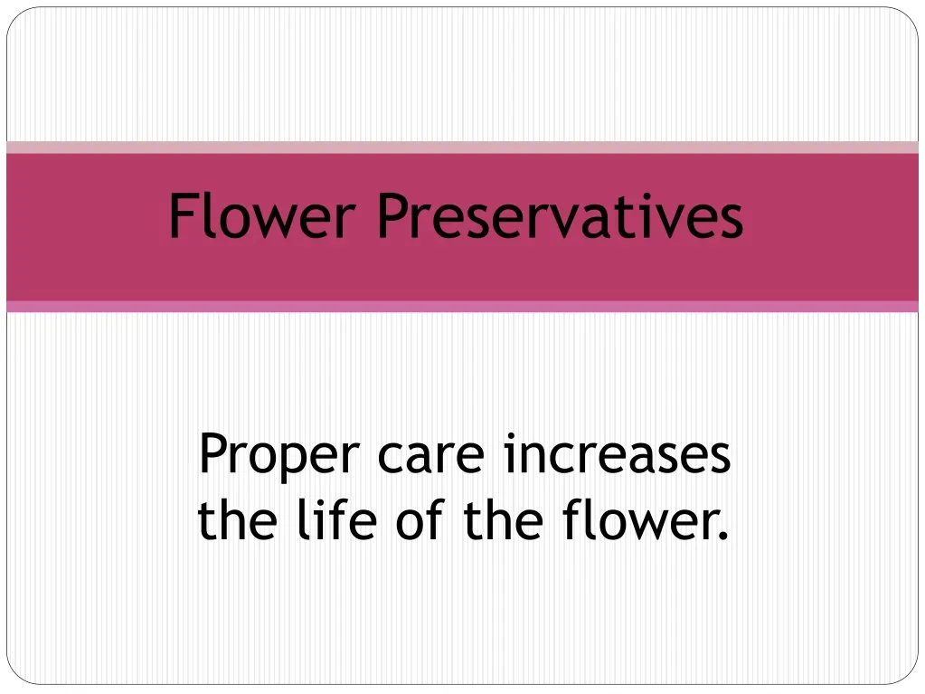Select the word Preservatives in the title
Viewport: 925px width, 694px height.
coord(560,217)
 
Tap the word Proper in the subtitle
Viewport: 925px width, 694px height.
coord(280,455)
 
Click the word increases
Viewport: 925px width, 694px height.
coord(618,455)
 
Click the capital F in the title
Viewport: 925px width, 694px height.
coord(183,217)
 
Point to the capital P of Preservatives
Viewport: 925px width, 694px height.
coord(392,217)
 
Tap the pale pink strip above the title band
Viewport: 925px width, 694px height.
coord(462,147)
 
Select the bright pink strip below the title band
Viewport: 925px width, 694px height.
coord(462,307)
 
